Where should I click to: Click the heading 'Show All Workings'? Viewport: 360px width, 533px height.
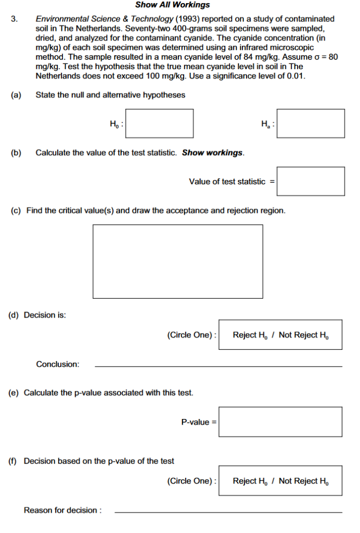(x=172, y=5)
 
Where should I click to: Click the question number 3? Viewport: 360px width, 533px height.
(x=15, y=19)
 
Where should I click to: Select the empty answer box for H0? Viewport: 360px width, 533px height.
(x=159, y=123)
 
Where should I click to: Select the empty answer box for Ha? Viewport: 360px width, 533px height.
(x=311, y=123)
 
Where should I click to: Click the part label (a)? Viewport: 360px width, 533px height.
(x=16, y=95)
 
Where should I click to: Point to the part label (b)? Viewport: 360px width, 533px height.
(x=16, y=153)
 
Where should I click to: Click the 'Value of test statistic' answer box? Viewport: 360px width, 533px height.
(x=311, y=181)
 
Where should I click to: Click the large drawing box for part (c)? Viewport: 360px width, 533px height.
(x=178, y=261)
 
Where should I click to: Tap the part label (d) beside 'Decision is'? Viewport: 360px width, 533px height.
(x=15, y=315)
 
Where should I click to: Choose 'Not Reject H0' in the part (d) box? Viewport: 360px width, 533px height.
(x=304, y=335)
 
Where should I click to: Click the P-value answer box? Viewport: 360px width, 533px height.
(x=280, y=422)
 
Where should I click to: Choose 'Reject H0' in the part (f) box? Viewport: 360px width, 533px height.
(x=252, y=481)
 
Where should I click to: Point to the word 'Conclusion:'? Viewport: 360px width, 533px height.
(x=58, y=364)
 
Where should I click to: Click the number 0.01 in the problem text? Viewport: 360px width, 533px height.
(x=295, y=76)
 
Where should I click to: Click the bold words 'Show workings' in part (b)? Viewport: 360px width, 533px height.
(x=213, y=153)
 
